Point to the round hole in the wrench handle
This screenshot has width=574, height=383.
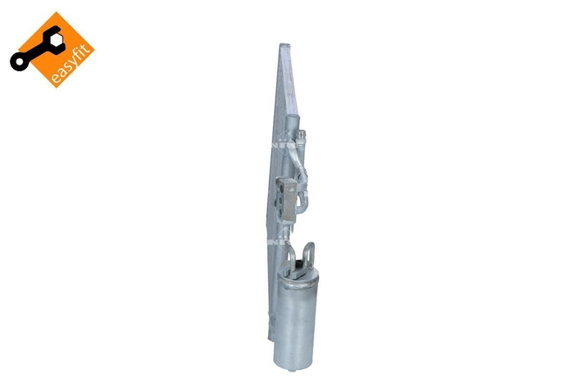pos(19,62)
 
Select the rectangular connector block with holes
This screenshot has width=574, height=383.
pos(288,194)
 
